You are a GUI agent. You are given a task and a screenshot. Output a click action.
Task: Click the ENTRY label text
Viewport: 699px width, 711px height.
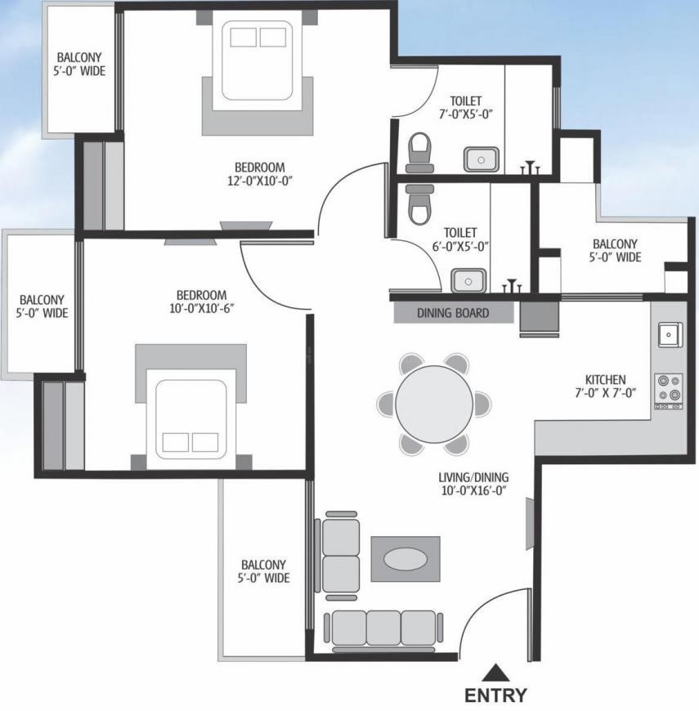coord(495,695)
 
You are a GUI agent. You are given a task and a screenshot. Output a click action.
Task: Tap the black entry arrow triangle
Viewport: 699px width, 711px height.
coord(496,673)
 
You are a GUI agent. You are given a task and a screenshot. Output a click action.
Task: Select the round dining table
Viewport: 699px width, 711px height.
coord(434,403)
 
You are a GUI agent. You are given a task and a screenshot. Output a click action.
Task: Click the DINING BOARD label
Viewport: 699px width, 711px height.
coord(453,313)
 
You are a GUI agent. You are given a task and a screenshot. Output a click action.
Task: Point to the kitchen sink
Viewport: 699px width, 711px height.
coord(670,334)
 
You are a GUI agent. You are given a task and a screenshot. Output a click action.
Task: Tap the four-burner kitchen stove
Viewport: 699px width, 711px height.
coord(669,391)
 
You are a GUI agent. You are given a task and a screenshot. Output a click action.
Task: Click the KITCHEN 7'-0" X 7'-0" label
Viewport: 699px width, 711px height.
coord(606,386)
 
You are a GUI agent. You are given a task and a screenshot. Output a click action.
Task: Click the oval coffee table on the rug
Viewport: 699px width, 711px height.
coord(405,559)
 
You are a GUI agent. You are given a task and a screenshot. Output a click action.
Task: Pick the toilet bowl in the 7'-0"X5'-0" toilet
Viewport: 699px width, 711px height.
coord(419,153)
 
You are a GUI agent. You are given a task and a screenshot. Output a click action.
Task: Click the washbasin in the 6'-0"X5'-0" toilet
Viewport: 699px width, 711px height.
coord(468,280)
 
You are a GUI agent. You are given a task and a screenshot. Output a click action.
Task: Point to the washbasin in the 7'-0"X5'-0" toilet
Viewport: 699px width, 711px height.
coord(482,159)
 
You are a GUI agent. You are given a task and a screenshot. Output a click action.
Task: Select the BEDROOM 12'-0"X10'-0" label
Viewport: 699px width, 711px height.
coord(260,174)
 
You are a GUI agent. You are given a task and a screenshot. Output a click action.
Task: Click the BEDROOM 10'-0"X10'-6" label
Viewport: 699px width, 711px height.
coord(202,302)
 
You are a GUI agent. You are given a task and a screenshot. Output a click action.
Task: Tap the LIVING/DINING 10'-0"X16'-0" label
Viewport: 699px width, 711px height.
coord(473,483)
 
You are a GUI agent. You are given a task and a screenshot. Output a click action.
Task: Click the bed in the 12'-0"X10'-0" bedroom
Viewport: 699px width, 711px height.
coord(258,60)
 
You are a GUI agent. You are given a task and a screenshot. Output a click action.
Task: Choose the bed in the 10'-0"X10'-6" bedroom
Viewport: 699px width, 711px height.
coord(191,419)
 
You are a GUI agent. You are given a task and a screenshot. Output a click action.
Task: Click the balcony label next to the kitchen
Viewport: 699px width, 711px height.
coord(615,250)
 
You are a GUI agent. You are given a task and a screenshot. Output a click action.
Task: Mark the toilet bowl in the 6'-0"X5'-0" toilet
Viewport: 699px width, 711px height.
coord(419,204)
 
